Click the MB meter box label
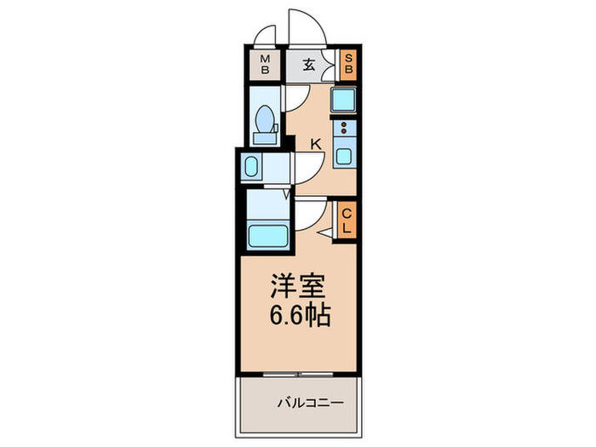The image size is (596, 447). pyautogui.click(x=266, y=65)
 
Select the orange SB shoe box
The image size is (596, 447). pyautogui.click(x=347, y=65)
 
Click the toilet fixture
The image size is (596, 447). pyautogui.click(x=265, y=124)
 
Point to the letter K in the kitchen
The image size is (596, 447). pyautogui.click(x=315, y=145)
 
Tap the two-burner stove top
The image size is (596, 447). pyautogui.click(x=345, y=129)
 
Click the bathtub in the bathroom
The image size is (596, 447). pyautogui.click(x=266, y=233)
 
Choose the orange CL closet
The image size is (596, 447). pyautogui.click(x=347, y=221)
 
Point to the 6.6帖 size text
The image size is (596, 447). pyautogui.click(x=298, y=316)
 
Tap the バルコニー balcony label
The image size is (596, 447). pyautogui.click(x=305, y=402)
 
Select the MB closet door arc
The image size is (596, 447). pyautogui.click(x=266, y=37)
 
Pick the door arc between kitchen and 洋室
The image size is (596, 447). pyautogui.click(x=308, y=213)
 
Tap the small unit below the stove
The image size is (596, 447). pyautogui.click(x=345, y=156)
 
